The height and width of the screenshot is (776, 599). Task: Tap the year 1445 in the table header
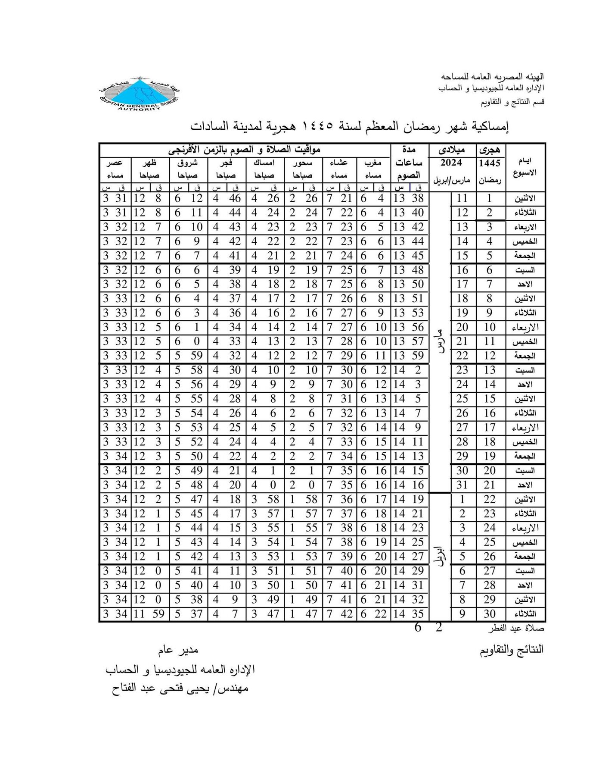click(x=489, y=163)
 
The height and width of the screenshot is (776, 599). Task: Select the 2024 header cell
click(x=451, y=163)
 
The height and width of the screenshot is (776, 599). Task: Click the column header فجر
click(x=227, y=163)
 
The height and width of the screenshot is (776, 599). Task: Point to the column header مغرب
click(x=373, y=163)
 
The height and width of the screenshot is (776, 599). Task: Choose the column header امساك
click(x=264, y=163)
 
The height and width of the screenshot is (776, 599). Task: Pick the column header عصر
click(x=115, y=163)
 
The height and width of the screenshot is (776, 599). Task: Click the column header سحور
click(x=303, y=163)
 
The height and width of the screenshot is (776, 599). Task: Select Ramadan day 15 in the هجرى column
click(x=489, y=399)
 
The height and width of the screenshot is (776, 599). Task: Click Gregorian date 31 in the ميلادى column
click(x=462, y=485)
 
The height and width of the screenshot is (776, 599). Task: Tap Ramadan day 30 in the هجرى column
click(x=489, y=614)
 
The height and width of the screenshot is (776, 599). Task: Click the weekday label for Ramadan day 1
click(x=525, y=199)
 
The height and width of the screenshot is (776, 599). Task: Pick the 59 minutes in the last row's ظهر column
click(x=158, y=614)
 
